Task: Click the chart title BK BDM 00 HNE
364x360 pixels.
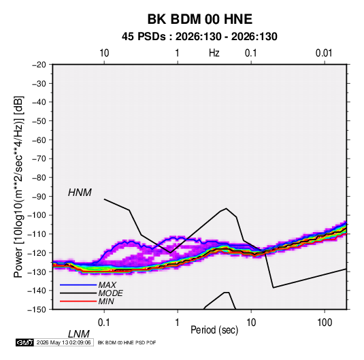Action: [200, 19]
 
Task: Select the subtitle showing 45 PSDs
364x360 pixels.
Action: [199, 37]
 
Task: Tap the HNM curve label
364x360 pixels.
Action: [80, 193]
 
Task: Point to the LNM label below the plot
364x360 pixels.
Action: [79, 334]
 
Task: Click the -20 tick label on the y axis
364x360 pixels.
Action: [39, 65]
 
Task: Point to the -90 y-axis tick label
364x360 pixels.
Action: [39, 197]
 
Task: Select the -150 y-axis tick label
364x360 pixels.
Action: [37, 310]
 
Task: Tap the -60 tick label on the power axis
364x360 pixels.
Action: [39, 140]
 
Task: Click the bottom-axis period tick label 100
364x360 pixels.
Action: [325, 323]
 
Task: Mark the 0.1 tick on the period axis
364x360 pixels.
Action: [103, 323]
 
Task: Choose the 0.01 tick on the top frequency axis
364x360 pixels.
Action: [324, 53]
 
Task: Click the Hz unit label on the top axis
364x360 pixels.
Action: [214, 53]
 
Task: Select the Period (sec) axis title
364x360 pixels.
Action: [214, 330]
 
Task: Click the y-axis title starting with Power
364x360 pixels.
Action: [18, 187]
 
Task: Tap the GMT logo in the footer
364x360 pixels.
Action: [24, 342]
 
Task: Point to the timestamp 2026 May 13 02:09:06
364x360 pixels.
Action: [63, 342]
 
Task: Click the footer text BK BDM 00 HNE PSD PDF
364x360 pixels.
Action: [127, 342]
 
